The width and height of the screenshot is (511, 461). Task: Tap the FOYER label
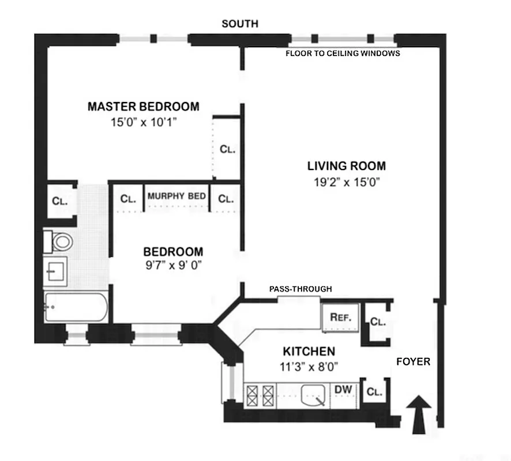[413, 362]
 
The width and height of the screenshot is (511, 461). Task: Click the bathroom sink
[56, 270]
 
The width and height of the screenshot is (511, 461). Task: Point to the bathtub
[76, 308]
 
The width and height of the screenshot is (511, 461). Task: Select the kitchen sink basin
[314, 396]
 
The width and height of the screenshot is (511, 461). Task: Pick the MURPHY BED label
[176, 197]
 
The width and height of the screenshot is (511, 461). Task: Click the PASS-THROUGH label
[300, 289]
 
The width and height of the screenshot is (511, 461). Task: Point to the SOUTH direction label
[240, 24]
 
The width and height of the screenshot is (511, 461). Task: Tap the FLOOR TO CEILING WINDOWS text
[343, 53]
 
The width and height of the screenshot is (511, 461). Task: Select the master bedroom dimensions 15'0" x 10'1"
[144, 122]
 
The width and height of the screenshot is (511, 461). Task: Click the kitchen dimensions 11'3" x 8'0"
[309, 365]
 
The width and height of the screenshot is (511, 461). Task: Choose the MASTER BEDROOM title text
[144, 107]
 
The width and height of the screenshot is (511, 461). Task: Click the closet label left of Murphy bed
[128, 199]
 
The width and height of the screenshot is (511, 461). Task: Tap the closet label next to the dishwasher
[374, 392]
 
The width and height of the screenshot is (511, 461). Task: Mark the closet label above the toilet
[60, 201]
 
